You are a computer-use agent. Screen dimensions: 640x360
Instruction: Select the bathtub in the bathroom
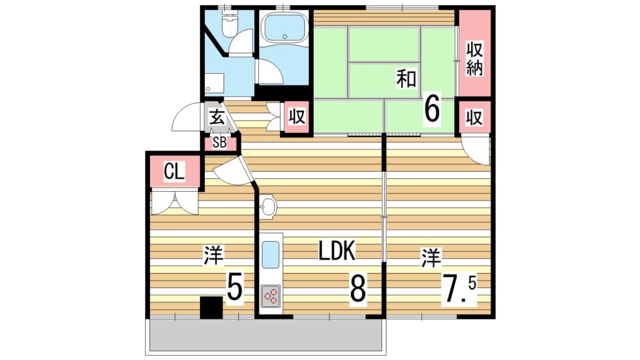pos(284,27)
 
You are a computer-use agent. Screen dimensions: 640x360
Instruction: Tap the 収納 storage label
pos(474,59)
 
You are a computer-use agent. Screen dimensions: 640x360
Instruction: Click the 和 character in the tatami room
pos(406,79)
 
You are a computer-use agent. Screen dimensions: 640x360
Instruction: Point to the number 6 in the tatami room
pos(432,107)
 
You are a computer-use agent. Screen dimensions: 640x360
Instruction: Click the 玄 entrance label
pos(217,117)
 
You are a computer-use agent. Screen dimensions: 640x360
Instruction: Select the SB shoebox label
pos(219,143)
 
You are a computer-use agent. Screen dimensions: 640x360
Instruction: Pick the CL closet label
pos(174,171)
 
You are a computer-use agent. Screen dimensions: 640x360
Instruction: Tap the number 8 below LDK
pos(357,287)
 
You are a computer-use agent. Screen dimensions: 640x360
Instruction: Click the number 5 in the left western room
pos(235,286)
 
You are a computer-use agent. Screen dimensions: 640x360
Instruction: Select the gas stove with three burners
pos(270,296)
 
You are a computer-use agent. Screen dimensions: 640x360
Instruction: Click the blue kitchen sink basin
pos(270,255)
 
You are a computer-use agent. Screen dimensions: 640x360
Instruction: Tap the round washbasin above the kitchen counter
pos(267,206)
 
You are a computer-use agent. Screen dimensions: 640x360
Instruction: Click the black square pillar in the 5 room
pos(211,307)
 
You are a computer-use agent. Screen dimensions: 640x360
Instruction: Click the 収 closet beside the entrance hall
pos(297,117)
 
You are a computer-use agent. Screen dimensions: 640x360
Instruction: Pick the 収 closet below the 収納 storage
pos(474,117)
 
